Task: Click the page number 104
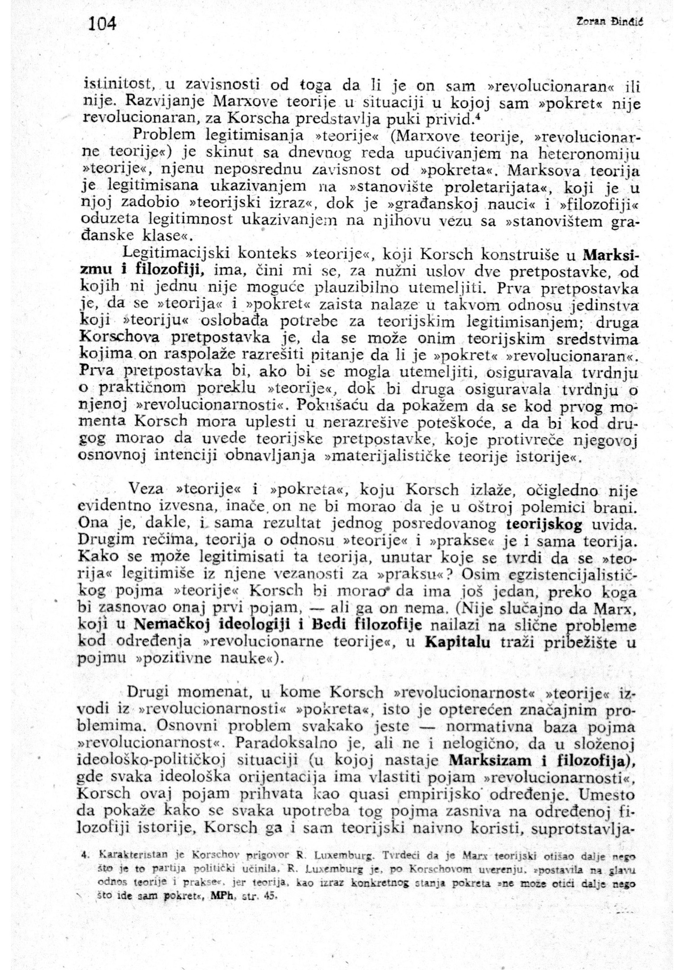[102, 24]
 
